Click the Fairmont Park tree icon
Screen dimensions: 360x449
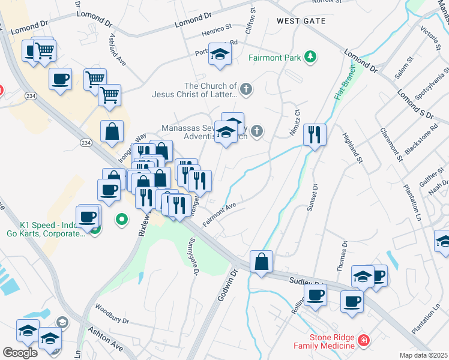(x=310, y=57)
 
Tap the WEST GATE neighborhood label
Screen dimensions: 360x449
(x=301, y=21)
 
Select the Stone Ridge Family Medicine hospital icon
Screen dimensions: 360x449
(x=363, y=341)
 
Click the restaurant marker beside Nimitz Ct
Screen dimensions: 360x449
(x=315, y=135)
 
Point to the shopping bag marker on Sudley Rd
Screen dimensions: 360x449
(x=261, y=262)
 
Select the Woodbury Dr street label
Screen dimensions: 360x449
(x=112, y=313)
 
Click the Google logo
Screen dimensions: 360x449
(x=20, y=352)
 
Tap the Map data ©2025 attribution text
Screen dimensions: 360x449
(x=423, y=355)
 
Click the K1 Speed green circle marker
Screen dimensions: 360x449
(x=122, y=220)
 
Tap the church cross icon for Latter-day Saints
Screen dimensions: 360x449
(x=246, y=90)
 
